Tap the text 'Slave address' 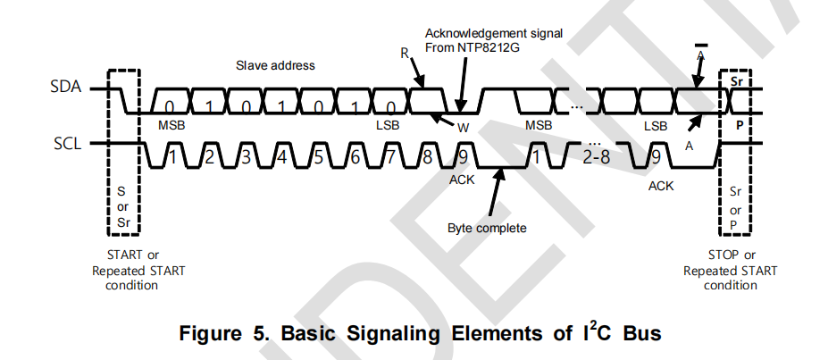click(275, 65)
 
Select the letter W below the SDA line click(463, 127)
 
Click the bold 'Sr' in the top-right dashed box click(738, 81)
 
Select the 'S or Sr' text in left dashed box click(122, 206)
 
